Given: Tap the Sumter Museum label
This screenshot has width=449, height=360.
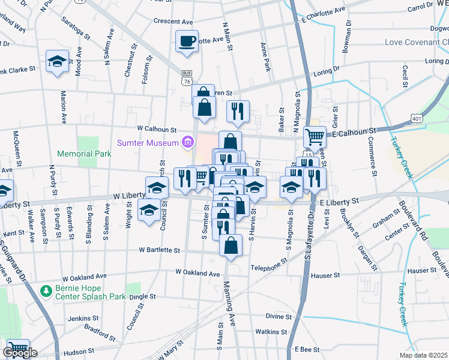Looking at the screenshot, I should (x=148, y=143).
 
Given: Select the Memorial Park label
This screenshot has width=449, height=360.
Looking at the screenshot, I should (x=84, y=154).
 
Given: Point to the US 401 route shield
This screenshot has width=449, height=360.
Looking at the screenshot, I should (x=417, y=119).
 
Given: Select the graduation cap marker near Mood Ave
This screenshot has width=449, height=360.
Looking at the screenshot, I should (x=58, y=62).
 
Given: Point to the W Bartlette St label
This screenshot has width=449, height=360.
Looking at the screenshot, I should (x=159, y=250).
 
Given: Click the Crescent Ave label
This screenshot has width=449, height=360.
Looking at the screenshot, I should (x=172, y=20).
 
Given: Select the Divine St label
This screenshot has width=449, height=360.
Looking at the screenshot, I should (x=279, y=316).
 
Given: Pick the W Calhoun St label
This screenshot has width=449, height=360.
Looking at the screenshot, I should (x=157, y=129).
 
